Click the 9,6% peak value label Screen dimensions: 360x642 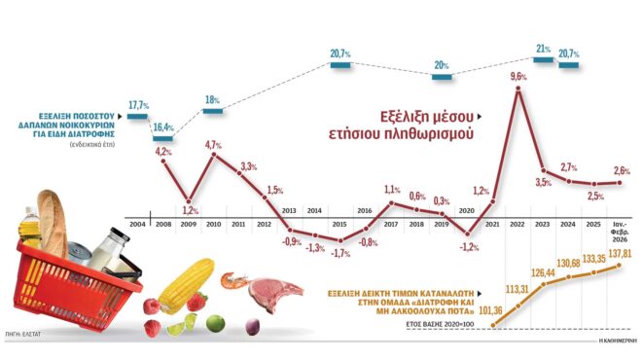tap(518, 75)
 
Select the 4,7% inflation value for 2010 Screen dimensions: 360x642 tap(213, 145)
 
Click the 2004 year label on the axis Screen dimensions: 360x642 tap(136, 225)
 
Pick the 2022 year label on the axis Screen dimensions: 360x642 tap(517, 225)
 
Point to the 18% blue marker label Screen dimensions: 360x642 tap(212, 99)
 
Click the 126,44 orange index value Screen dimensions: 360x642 tap(544, 272)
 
